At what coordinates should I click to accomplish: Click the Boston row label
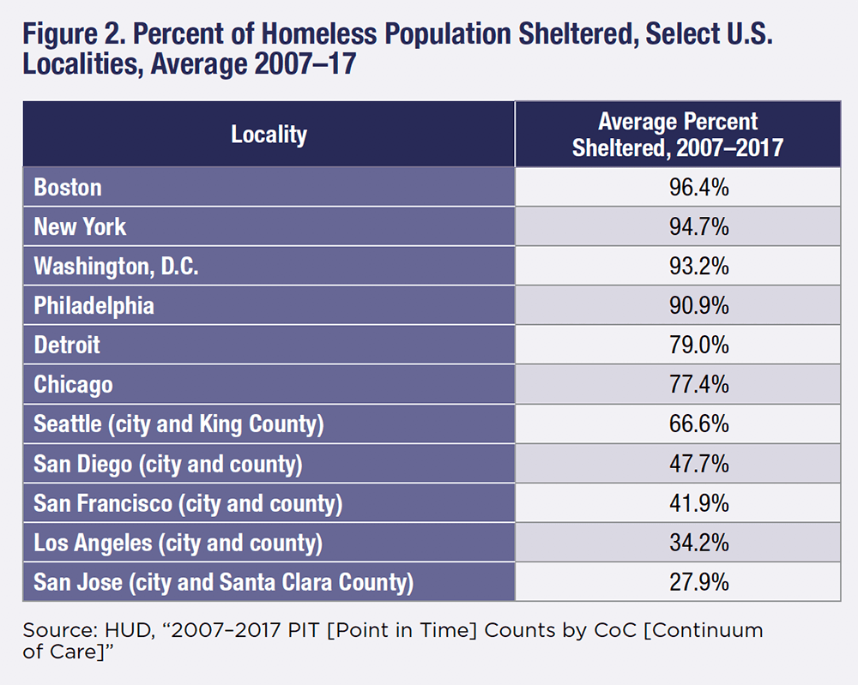68,188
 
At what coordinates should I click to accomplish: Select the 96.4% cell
698,188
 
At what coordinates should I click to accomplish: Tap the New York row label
80,227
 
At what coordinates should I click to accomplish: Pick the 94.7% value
698,227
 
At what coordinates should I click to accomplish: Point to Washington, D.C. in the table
116,267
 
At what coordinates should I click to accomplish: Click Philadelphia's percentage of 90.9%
698,306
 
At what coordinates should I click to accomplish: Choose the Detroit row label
67,346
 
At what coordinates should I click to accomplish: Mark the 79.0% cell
698,346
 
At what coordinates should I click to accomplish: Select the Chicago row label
73,385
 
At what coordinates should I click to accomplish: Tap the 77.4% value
698,385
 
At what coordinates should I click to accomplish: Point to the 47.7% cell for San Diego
698,464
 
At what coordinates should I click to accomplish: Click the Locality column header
269,135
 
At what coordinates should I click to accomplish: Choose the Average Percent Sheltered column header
678,135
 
